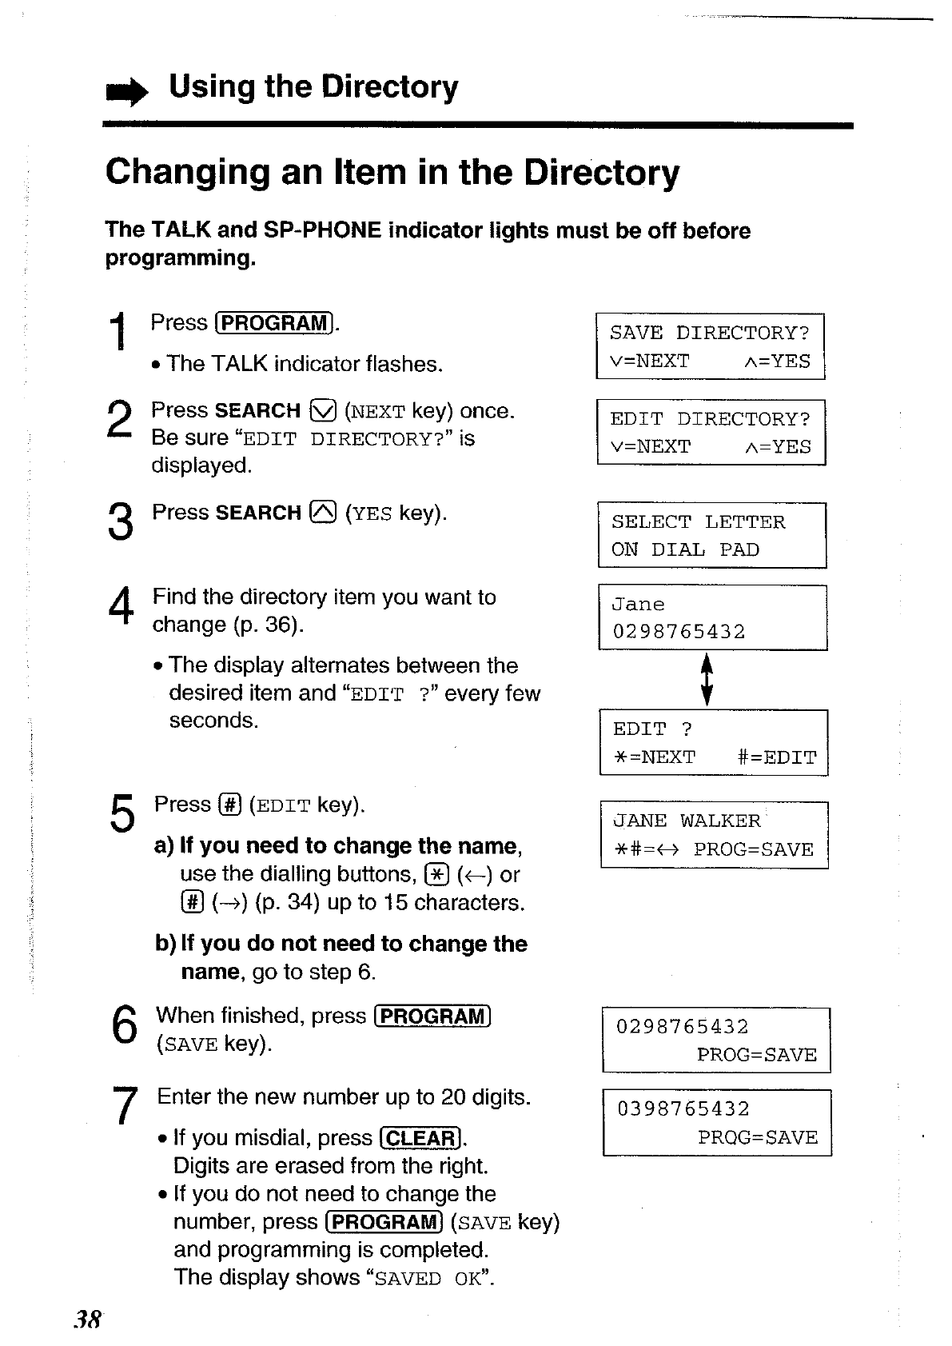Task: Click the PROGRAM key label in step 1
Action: click(x=274, y=323)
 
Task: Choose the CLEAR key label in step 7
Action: click(x=421, y=1138)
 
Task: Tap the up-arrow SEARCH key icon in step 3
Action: click(x=325, y=513)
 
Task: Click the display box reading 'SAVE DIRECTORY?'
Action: click(x=710, y=346)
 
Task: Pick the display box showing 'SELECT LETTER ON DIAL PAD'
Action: click(x=711, y=535)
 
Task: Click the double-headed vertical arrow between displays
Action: click(x=707, y=680)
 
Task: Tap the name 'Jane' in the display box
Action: click(x=638, y=605)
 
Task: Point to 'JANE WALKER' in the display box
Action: click(x=687, y=821)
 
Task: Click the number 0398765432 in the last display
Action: click(x=683, y=1109)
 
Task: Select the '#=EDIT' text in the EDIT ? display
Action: click(x=776, y=757)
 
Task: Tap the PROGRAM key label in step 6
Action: click(x=432, y=1016)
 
